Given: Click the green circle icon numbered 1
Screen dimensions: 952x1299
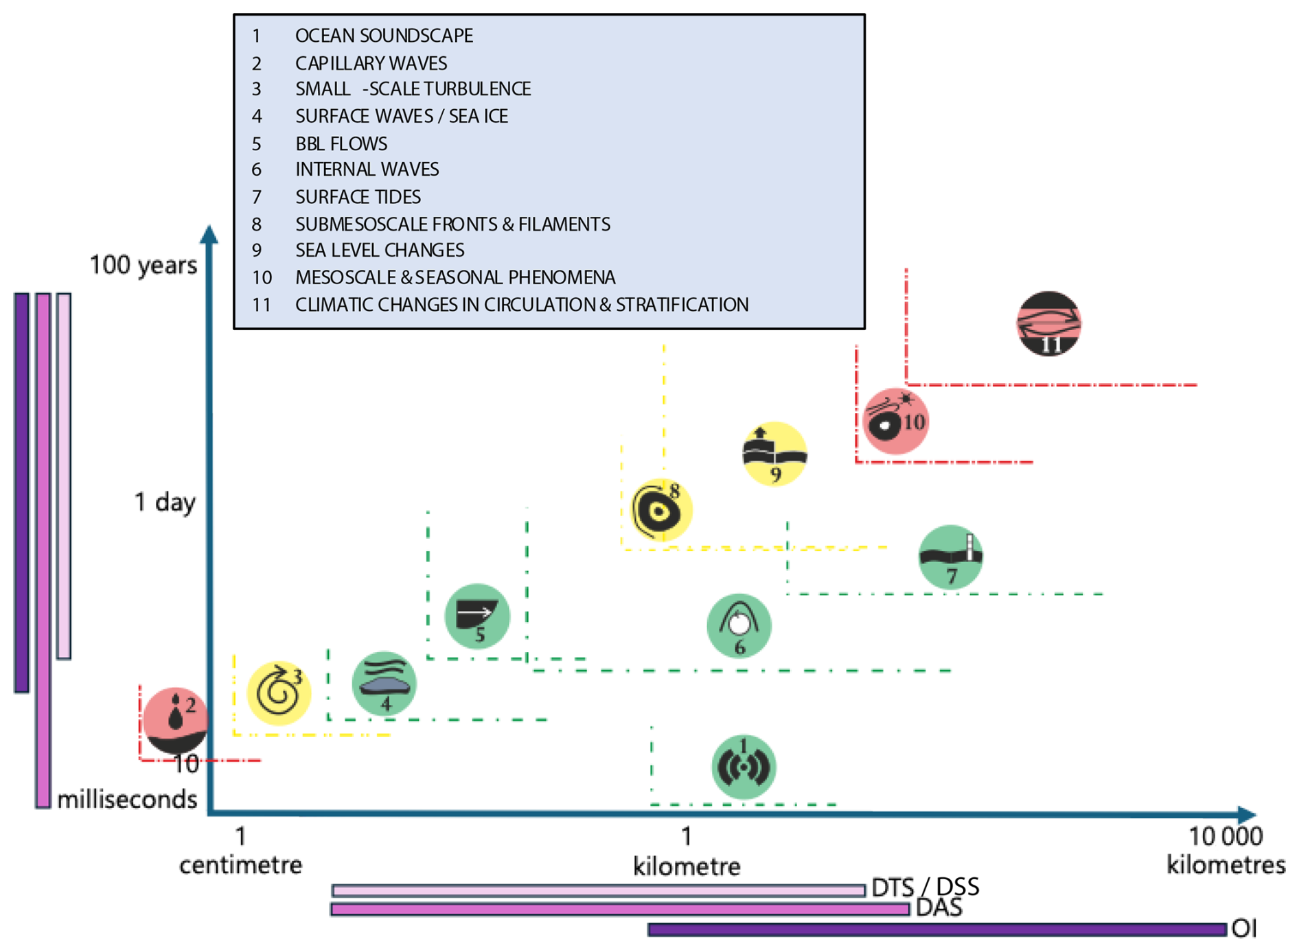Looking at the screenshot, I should click(x=744, y=767).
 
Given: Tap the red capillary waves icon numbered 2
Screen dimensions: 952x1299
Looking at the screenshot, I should click(x=175, y=720).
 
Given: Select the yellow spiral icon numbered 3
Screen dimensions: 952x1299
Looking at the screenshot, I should click(x=279, y=693).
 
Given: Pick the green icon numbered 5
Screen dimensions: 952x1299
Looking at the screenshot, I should click(x=477, y=616).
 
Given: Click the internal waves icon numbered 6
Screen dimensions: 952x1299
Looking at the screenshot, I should click(x=739, y=625).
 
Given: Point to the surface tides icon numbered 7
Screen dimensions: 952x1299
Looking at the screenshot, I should click(x=951, y=557).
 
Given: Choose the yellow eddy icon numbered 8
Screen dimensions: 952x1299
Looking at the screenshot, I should click(x=661, y=510).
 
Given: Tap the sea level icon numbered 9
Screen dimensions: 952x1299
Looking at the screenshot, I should click(x=774, y=454).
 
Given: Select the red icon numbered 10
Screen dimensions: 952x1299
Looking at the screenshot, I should click(x=895, y=421).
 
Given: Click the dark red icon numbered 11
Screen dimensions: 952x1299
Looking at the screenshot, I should click(x=1048, y=323).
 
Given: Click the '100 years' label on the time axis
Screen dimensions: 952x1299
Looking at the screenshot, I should click(x=143, y=265).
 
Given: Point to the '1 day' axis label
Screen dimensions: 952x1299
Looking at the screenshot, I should click(x=165, y=502).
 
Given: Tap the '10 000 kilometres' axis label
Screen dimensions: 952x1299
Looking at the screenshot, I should click(x=1226, y=850).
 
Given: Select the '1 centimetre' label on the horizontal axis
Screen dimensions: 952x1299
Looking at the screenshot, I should click(x=240, y=851).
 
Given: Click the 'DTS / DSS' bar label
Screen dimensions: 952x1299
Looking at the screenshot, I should click(x=925, y=887).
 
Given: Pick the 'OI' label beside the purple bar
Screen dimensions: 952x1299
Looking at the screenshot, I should click(x=1244, y=929).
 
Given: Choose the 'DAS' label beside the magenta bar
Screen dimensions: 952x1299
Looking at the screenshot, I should click(x=939, y=908).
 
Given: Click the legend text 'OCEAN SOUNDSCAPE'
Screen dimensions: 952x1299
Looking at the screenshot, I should click(x=384, y=36).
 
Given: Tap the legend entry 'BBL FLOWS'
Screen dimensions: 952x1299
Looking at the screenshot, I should click(x=341, y=143).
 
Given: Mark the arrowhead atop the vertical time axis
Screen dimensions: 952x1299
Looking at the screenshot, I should click(x=209, y=234).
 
